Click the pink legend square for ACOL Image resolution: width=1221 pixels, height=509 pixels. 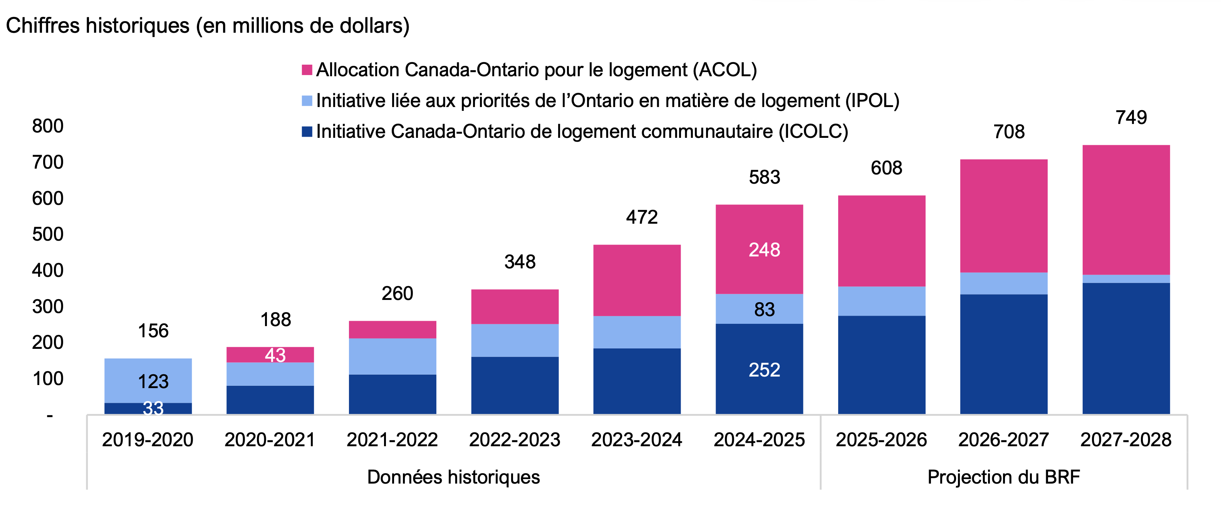307,70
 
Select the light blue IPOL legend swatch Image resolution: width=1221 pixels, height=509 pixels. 307,101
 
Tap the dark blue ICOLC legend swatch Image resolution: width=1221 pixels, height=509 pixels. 307,132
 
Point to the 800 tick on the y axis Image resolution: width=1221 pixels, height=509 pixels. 47,126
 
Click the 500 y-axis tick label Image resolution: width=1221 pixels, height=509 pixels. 47,234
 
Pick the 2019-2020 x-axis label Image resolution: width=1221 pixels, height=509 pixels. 148,440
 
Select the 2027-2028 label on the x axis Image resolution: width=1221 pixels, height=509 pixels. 1126,440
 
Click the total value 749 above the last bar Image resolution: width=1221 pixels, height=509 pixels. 1131,117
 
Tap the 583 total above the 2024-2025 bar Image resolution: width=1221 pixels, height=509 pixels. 764,177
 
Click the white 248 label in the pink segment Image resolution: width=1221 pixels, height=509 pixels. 764,250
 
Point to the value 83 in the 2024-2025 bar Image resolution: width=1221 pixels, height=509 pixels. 764,310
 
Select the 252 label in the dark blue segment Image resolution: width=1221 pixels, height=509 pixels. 764,370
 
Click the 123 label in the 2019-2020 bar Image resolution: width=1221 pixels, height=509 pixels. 153,382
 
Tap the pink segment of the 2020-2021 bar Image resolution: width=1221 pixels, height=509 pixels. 247,355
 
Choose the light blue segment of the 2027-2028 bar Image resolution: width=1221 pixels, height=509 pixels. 1126,279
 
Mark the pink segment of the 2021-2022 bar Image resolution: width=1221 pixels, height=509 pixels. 392,329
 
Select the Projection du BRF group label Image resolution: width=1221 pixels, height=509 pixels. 1003,477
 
